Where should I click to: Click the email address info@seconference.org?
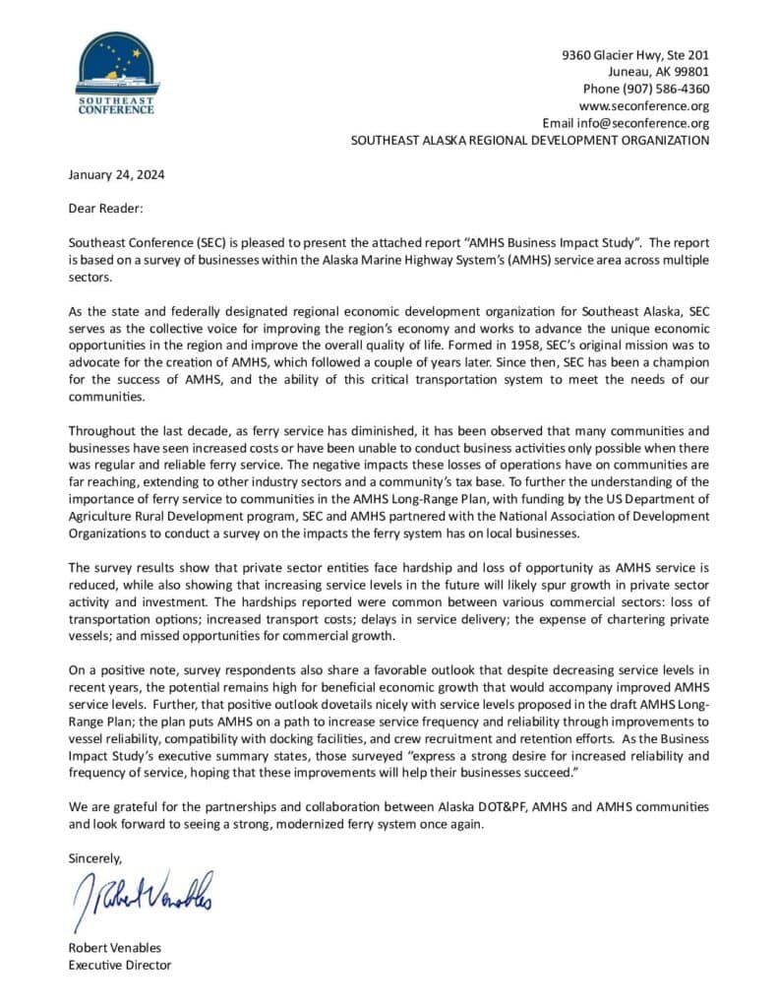click(654, 123)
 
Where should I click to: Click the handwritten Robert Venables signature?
click(143, 898)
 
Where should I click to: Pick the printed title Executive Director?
click(119, 965)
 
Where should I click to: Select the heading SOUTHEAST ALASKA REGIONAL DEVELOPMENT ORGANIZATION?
click(530, 140)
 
